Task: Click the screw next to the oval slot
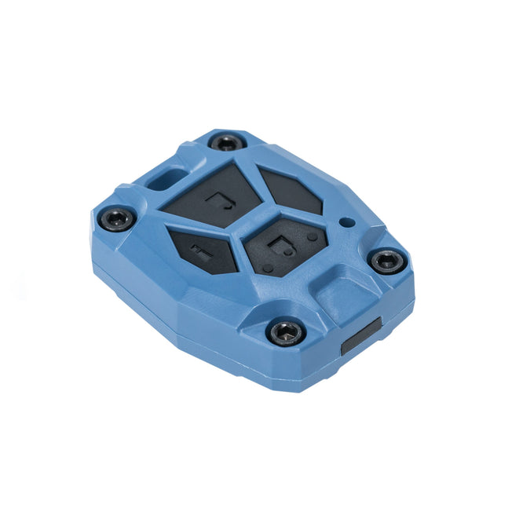click(x=227, y=142)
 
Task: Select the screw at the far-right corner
click(x=386, y=261)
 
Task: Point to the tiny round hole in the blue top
click(x=344, y=222)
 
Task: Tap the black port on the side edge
click(x=361, y=336)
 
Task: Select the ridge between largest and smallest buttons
click(x=203, y=225)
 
